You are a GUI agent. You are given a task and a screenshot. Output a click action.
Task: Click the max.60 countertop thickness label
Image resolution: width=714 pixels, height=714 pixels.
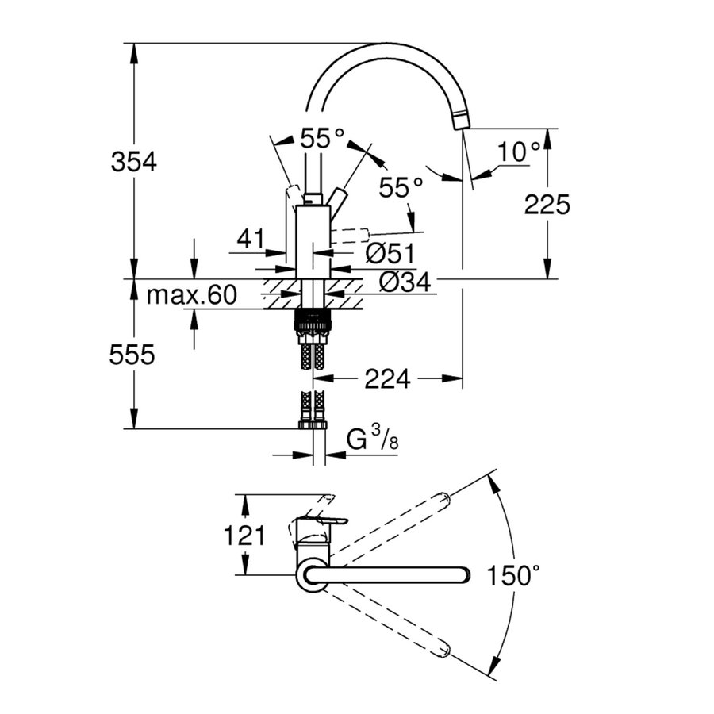(x=191, y=296)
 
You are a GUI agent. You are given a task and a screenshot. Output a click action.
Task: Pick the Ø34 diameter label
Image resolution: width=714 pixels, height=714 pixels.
(x=405, y=280)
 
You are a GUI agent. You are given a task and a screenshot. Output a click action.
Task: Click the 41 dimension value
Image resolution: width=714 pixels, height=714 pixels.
(x=251, y=237)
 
